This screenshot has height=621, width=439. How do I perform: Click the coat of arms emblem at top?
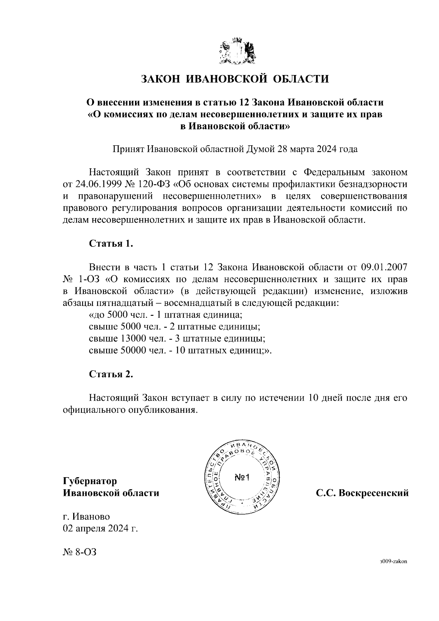237,52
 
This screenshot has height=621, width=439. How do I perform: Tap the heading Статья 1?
111,244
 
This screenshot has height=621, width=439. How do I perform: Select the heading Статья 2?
111,374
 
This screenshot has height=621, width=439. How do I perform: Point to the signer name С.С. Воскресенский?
362,493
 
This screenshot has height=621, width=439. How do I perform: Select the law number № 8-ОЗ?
79,552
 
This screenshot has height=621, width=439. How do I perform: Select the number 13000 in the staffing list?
132,338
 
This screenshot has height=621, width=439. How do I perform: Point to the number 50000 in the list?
132,350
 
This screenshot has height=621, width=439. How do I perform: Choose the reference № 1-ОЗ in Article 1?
79,279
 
